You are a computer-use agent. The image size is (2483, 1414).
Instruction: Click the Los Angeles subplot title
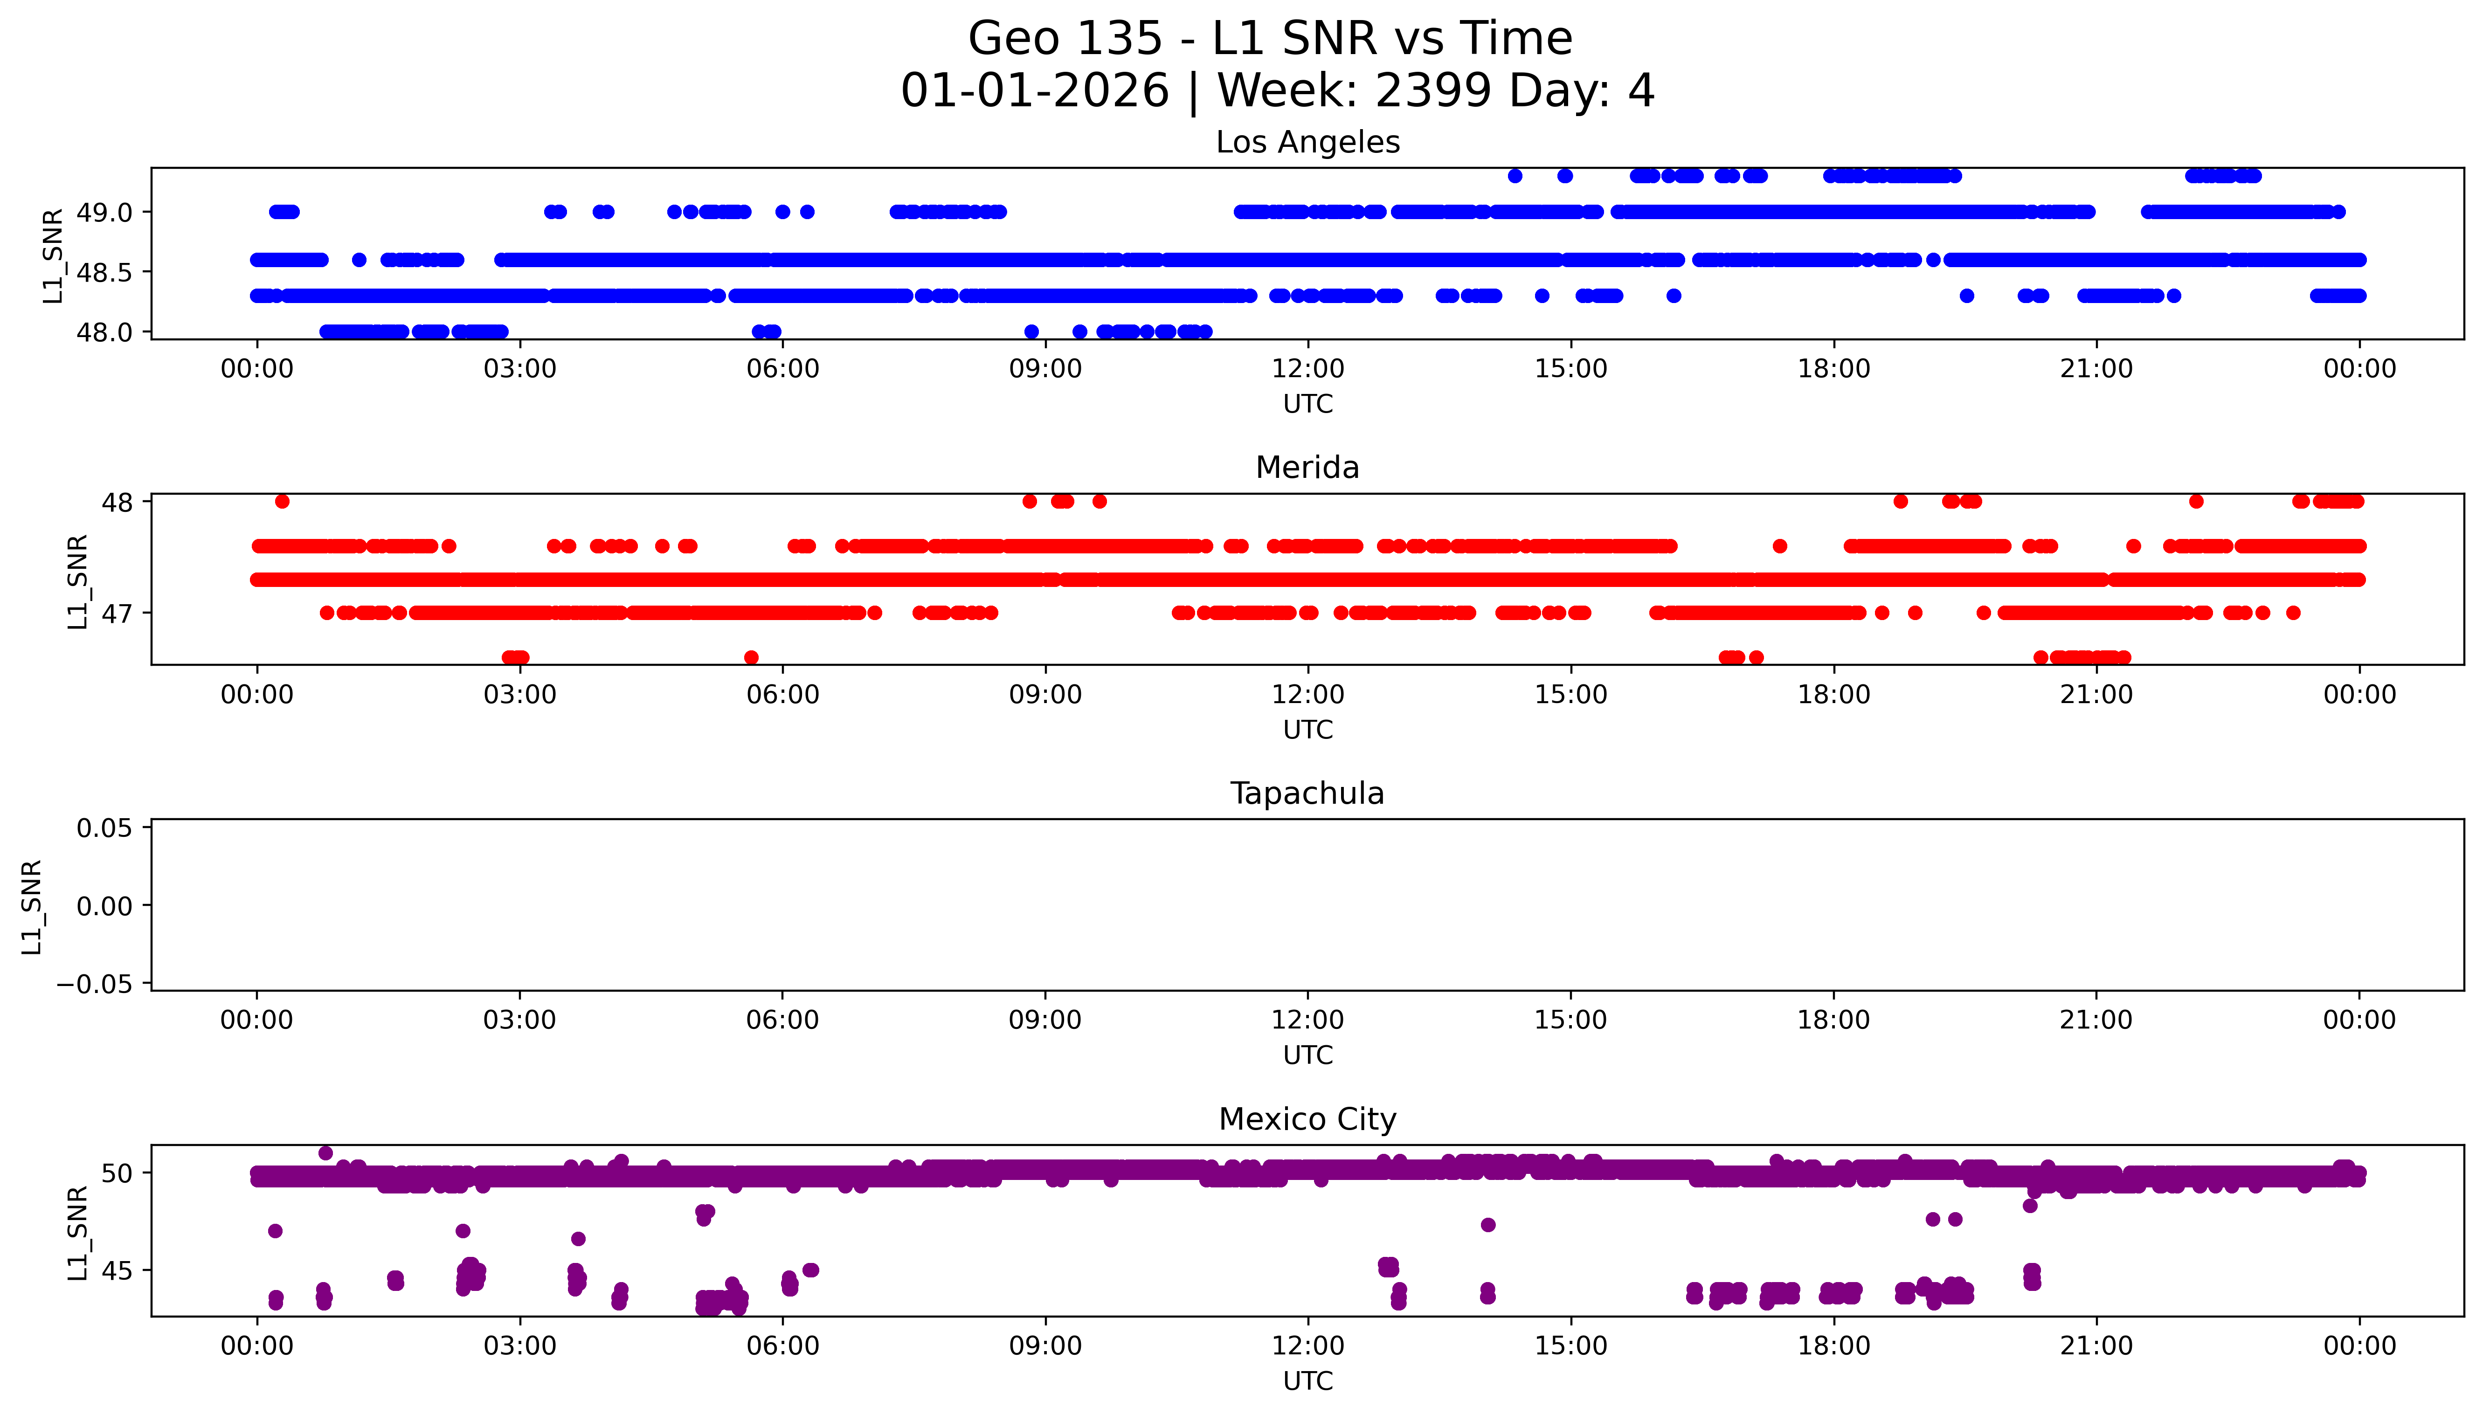(x=1307, y=143)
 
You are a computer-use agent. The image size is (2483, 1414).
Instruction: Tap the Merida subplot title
(x=1307, y=468)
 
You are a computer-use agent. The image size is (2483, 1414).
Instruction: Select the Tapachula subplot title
(x=1307, y=793)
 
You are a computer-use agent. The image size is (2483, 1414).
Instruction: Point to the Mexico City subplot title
(x=1307, y=1120)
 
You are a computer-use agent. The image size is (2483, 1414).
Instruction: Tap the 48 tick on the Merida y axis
(x=117, y=502)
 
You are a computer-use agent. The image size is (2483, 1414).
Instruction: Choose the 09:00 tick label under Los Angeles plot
(x=1045, y=369)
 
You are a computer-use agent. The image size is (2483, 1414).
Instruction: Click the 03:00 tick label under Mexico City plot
(x=519, y=1346)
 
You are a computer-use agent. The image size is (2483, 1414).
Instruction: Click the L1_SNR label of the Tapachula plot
(x=32, y=906)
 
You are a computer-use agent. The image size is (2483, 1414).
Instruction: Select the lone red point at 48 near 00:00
(x=282, y=501)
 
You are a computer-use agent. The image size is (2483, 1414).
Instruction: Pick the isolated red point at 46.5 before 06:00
(x=751, y=657)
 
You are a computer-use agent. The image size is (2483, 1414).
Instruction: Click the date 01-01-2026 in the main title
(x=1034, y=91)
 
